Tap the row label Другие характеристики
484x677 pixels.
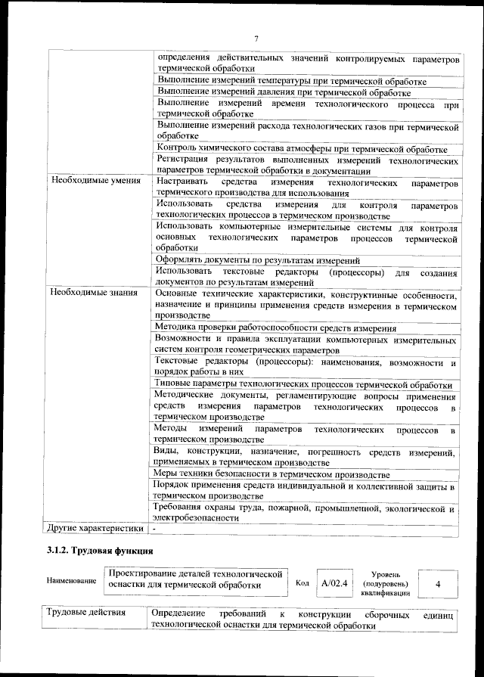[x=95, y=528]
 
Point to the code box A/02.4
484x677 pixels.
[x=334, y=583]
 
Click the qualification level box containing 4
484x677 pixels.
[x=439, y=584]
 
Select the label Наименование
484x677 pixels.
[x=71, y=581]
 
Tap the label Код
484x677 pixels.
[x=302, y=584]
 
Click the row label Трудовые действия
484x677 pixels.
[x=85, y=613]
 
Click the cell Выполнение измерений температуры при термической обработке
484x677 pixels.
[x=291, y=81]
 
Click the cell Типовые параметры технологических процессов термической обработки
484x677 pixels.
[x=302, y=384]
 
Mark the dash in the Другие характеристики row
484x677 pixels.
[x=154, y=528]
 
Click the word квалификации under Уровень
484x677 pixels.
[x=385, y=593]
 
